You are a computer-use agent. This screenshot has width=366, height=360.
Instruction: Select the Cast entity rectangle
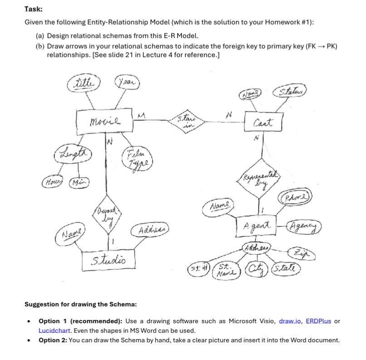[x=263, y=122]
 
